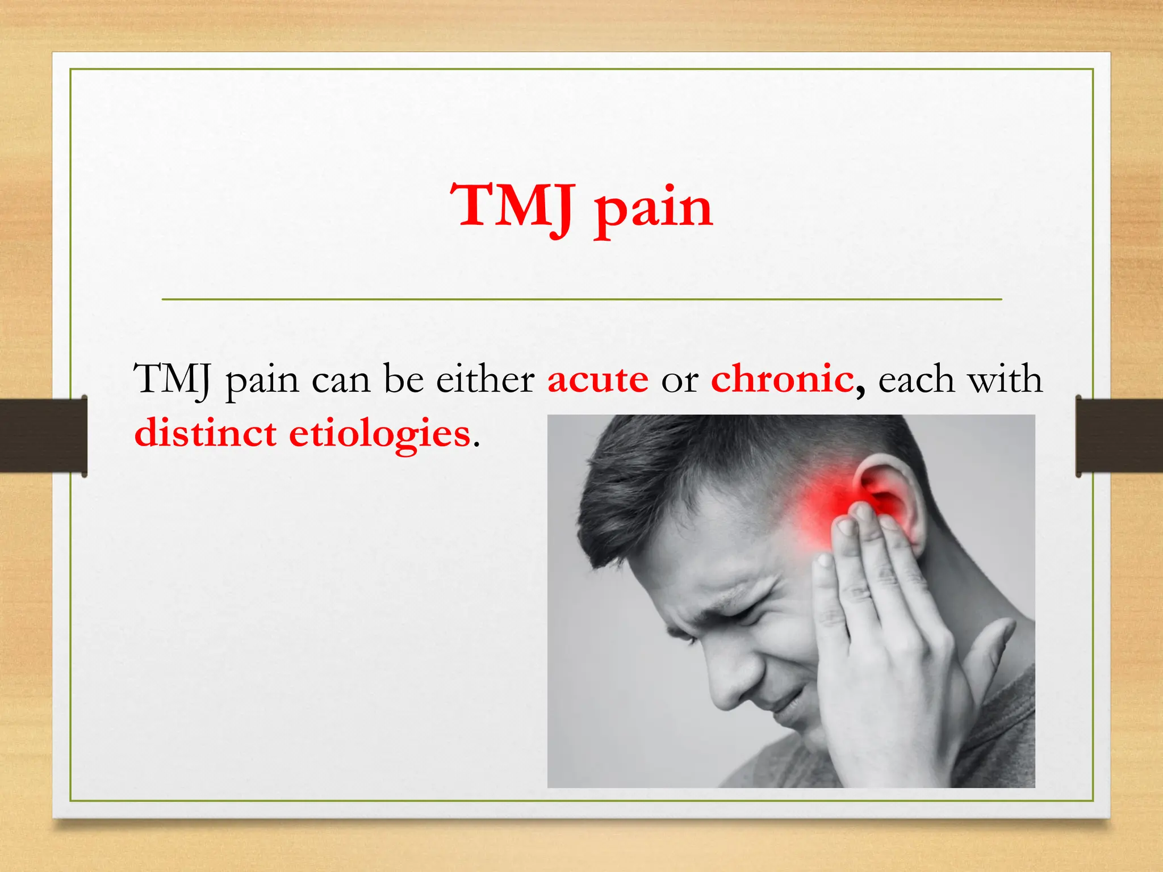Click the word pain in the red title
coord(653,209)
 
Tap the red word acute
coord(597,379)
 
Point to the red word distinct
coord(205,433)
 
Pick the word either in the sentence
coord(485,379)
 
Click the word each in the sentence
coord(916,379)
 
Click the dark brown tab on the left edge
coord(43,435)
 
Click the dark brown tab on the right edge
coord(1119,435)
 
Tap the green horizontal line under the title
coord(581,299)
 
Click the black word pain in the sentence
coord(262,381)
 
